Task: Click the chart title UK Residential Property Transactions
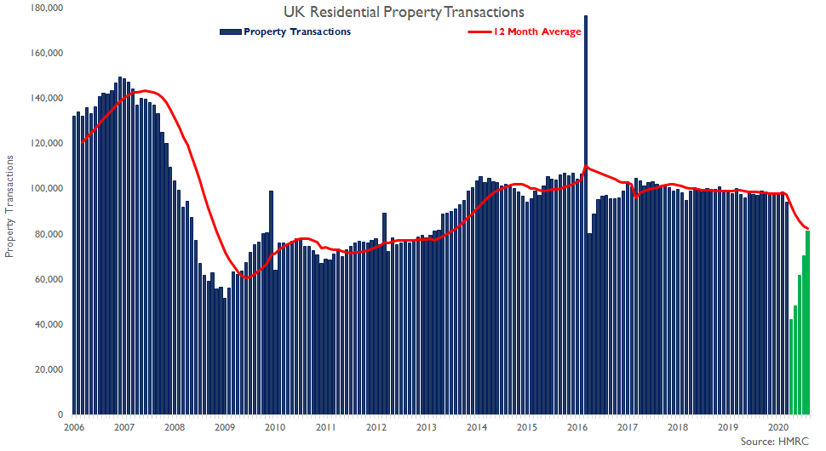404,12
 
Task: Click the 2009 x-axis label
225,426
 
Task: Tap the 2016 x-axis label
577,426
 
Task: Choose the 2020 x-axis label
778,426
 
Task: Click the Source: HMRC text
776,442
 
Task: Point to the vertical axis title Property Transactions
10,207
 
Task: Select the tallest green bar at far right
807,323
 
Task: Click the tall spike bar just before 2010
271,302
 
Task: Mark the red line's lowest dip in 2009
246,277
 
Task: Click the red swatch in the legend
479,31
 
